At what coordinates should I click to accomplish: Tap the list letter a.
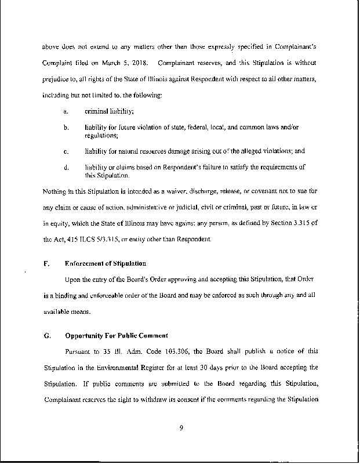[x=66, y=111]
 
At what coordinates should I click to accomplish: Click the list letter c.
[x=66, y=151]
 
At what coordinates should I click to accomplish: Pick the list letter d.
[x=66, y=168]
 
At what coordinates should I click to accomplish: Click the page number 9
[x=181, y=429]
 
